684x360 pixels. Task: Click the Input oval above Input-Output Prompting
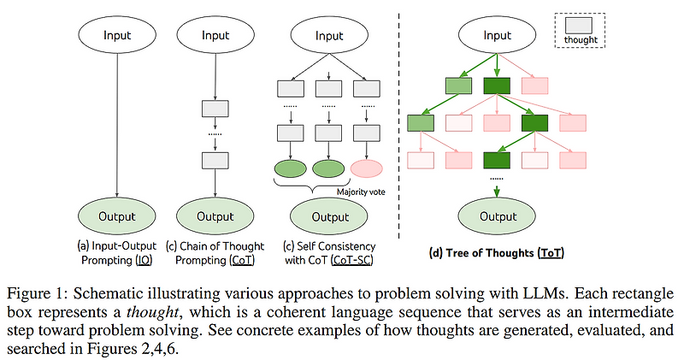tap(117, 36)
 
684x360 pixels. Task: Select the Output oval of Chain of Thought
tap(215, 216)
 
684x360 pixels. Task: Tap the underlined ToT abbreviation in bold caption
tap(550, 253)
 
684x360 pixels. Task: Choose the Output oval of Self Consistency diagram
tap(330, 216)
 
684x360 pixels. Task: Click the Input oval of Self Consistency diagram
tap(330, 36)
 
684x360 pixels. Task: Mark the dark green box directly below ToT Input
tap(498, 86)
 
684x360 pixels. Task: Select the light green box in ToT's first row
tap(458, 86)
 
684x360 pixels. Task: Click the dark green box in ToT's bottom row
tap(498, 160)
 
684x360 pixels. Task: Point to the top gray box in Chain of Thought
tap(215, 109)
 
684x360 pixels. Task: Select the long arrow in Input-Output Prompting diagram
tap(117, 128)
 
